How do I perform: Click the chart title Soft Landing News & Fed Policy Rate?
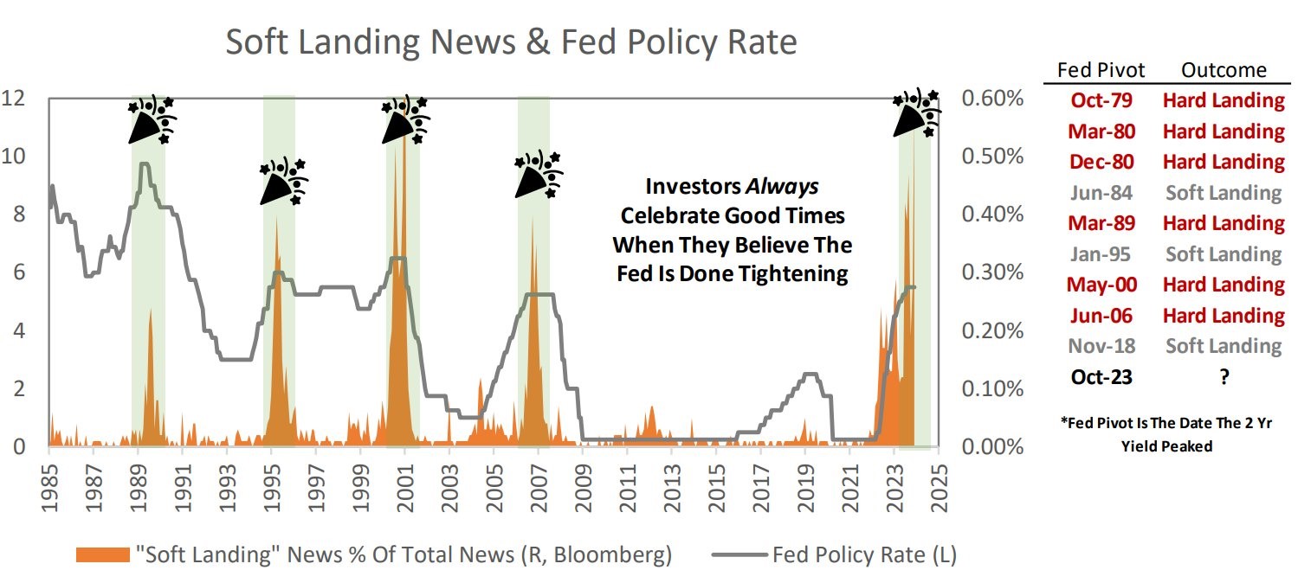pyautogui.click(x=511, y=42)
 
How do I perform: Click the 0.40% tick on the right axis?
pyautogui.click(x=992, y=215)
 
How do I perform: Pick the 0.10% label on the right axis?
pyautogui.click(x=992, y=388)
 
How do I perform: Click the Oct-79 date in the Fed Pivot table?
pyautogui.click(x=1101, y=100)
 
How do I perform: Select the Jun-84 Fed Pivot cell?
pyautogui.click(x=1101, y=193)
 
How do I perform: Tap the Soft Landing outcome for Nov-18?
pyautogui.click(x=1223, y=346)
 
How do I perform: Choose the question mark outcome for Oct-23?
pyautogui.click(x=1223, y=377)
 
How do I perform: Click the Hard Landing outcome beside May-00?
pyautogui.click(x=1223, y=285)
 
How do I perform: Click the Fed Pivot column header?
pyautogui.click(x=1101, y=71)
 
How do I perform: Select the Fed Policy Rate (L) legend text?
pyautogui.click(x=863, y=554)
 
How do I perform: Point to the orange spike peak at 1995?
pyautogui.click(x=276, y=216)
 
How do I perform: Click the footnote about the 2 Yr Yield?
pyautogui.click(x=1173, y=434)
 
